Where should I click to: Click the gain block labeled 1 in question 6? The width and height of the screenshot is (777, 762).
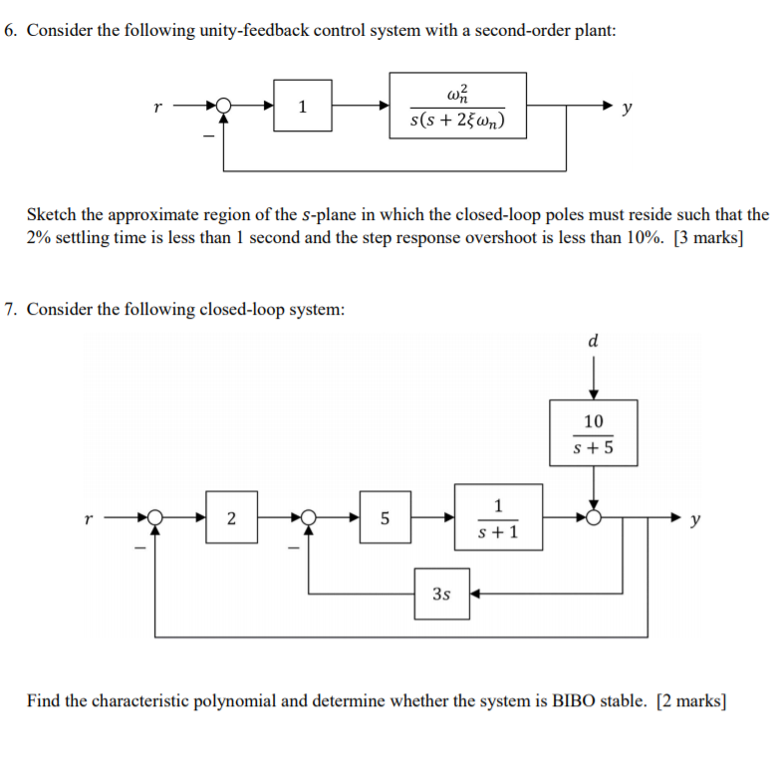click(303, 107)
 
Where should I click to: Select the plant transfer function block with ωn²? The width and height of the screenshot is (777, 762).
click(457, 106)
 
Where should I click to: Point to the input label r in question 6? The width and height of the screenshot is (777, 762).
click(156, 106)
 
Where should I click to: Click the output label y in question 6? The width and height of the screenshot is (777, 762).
click(626, 107)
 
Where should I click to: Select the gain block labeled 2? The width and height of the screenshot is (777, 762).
click(231, 517)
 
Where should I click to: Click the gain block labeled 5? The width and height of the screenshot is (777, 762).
click(386, 517)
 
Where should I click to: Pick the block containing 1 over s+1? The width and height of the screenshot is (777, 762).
click(498, 517)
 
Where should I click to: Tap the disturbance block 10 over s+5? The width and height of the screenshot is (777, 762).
click(593, 432)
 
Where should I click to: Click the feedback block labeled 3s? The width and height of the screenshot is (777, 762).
click(442, 593)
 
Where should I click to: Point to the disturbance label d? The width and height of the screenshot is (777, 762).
click(594, 341)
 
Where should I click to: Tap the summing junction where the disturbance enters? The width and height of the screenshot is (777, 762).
click(594, 518)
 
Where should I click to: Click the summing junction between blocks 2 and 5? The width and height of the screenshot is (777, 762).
click(309, 518)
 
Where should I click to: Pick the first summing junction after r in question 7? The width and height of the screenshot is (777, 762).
click(154, 518)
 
